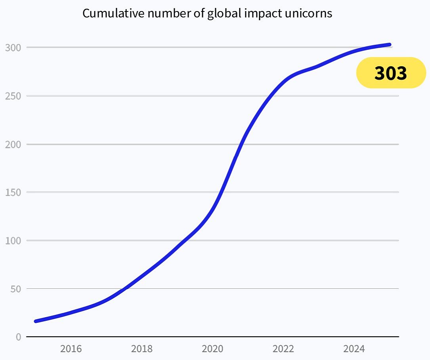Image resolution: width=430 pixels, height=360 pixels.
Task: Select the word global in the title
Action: (223, 13)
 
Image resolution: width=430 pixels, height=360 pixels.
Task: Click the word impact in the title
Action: (262, 13)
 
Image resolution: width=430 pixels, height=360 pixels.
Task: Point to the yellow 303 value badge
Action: (391, 73)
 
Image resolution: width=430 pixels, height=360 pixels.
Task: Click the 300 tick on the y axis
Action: (13, 48)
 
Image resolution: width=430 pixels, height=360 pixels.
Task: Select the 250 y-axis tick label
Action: (13, 96)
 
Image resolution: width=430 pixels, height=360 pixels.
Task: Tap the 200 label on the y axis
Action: (13, 144)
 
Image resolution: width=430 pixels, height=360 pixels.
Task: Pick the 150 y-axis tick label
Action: (13, 192)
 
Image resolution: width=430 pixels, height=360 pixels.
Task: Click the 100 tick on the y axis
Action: (13, 240)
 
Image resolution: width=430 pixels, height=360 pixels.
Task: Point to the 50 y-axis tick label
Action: (15, 289)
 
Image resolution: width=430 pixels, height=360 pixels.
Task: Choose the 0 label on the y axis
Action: (18, 337)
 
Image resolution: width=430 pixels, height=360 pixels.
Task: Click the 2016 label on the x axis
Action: (71, 349)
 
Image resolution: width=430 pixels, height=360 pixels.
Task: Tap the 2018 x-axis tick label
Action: (142, 349)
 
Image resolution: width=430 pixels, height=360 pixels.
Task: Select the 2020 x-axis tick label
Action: (212, 349)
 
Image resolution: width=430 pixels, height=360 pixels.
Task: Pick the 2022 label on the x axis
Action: (283, 349)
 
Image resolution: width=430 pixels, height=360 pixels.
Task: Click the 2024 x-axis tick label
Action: (354, 349)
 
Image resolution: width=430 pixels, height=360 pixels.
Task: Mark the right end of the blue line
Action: (390, 45)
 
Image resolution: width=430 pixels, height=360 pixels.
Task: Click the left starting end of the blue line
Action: (36, 321)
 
